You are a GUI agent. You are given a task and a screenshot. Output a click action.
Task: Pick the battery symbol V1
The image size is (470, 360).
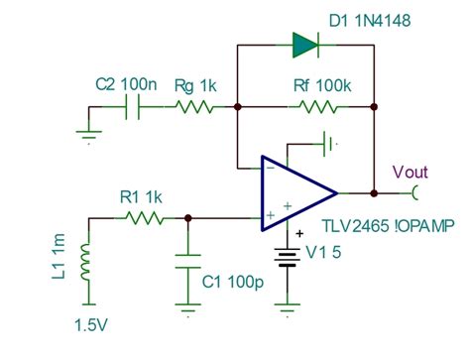[x=289, y=257]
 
